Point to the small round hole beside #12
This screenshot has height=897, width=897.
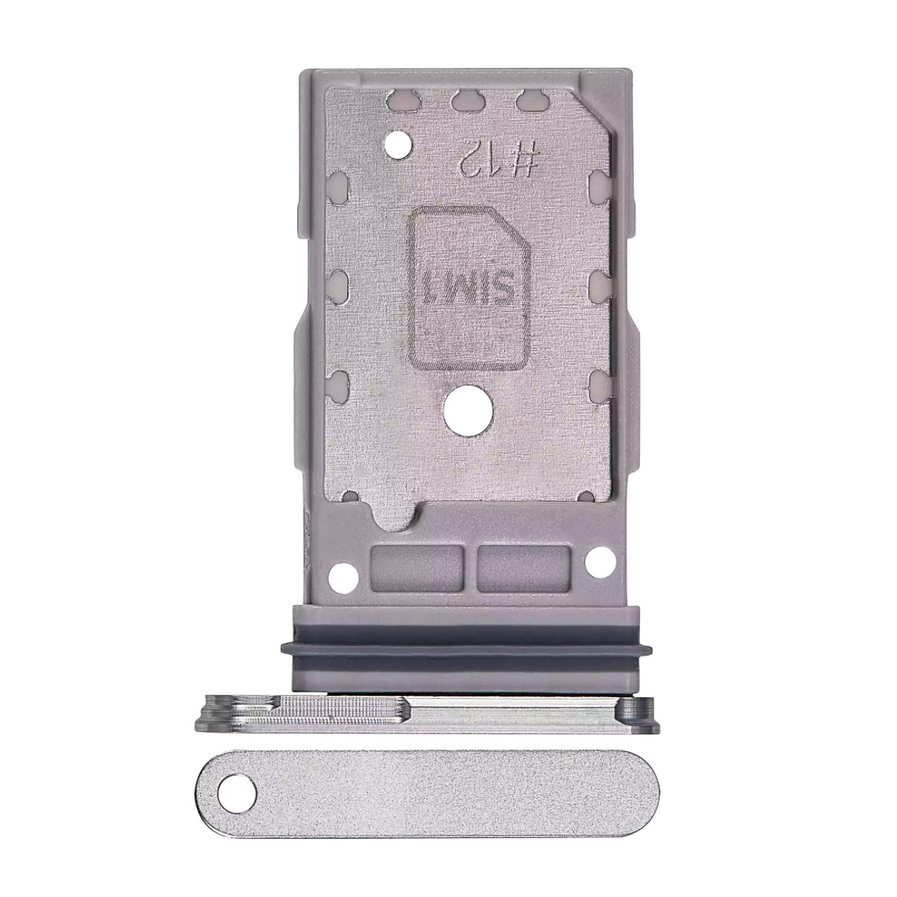click(x=399, y=145)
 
